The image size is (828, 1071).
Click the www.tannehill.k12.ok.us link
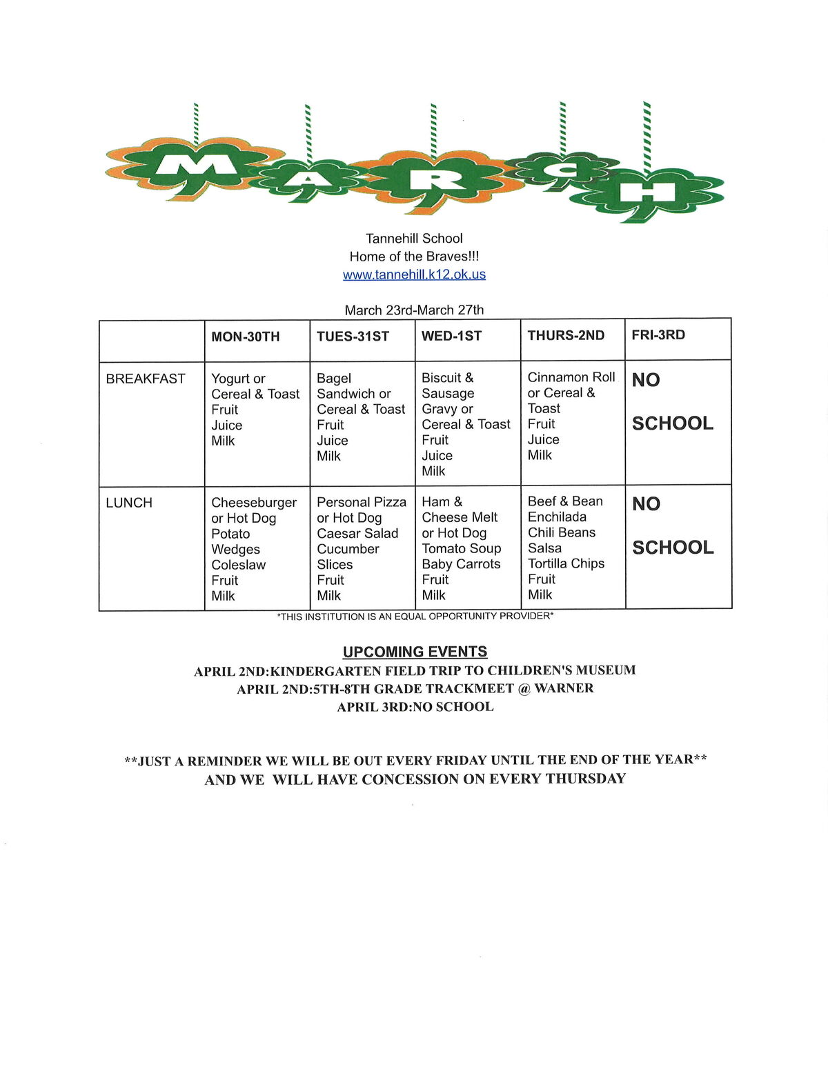pos(414,274)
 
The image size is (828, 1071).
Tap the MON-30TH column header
pos(246,337)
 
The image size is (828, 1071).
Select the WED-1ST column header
pos(451,336)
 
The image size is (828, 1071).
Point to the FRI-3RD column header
pos(658,335)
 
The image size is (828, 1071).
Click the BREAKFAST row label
pos(146,379)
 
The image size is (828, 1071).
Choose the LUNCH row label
pos(129,503)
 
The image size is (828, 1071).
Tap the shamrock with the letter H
pos(646,193)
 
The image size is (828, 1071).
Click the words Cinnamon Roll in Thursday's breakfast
pos(571,377)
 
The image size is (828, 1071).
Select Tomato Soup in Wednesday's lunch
pos(462,548)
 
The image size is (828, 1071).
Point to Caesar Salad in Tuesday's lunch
pos(357,534)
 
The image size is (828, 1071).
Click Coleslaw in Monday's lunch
pos(238,565)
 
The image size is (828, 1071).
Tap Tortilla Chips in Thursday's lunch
pos(566,563)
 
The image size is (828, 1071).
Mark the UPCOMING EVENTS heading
pos(415,652)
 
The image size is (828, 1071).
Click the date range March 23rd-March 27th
pos(414,310)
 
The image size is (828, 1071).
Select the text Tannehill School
pos(414,239)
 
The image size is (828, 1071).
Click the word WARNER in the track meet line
pos(564,688)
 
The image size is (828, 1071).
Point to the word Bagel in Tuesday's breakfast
pos(334,379)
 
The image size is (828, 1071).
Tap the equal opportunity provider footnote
pos(415,616)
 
